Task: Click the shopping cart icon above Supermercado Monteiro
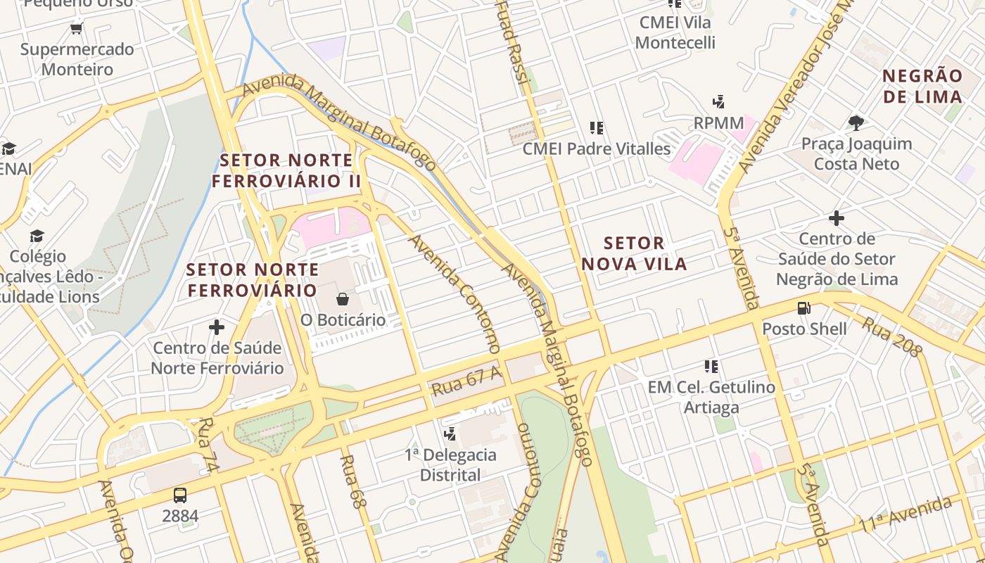(x=76, y=29)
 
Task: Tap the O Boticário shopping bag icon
(x=343, y=299)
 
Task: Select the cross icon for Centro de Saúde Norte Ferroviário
(x=217, y=327)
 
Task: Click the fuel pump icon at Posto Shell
(x=803, y=308)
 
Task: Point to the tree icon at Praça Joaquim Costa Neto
(x=856, y=123)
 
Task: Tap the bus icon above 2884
(x=180, y=495)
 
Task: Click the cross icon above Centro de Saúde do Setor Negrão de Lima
(x=837, y=218)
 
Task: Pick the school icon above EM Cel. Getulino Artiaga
(x=711, y=366)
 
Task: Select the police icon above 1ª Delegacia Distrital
(x=450, y=434)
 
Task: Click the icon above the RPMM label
(x=718, y=102)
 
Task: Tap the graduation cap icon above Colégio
(x=37, y=236)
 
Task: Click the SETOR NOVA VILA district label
(x=635, y=254)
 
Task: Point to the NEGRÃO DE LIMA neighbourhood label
(x=922, y=87)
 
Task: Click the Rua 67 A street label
(x=467, y=381)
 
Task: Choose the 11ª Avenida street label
(x=905, y=515)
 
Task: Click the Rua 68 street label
(x=353, y=482)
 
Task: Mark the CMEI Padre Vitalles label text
(x=597, y=149)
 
